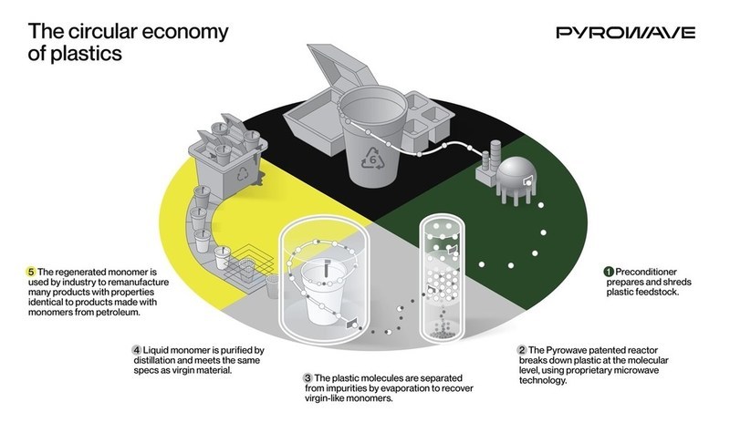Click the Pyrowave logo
pos(625,33)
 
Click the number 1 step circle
pos(609,271)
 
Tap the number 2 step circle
pos(522,349)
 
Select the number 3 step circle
pos(308,377)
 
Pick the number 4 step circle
pos(136,349)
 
